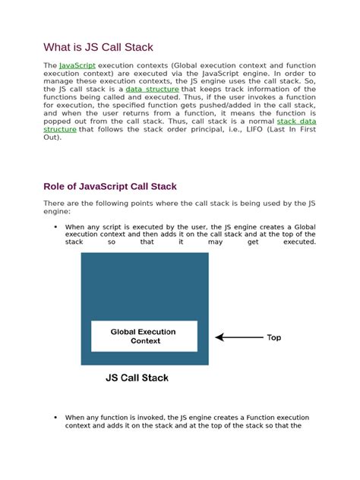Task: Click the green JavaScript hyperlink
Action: click(x=77, y=67)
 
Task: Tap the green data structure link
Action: click(x=152, y=89)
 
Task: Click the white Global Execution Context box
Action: click(x=144, y=336)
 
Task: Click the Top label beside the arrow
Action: click(x=273, y=337)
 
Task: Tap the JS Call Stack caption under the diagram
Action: click(x=137, y=377)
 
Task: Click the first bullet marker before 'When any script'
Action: click(x=56, y=227)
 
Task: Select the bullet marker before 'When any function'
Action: click(x=56, y=418)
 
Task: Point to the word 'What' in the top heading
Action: click(x=57, y=47)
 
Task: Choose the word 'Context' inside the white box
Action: click(x=145, y=342)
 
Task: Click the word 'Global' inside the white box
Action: click(x=124, y=332)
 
